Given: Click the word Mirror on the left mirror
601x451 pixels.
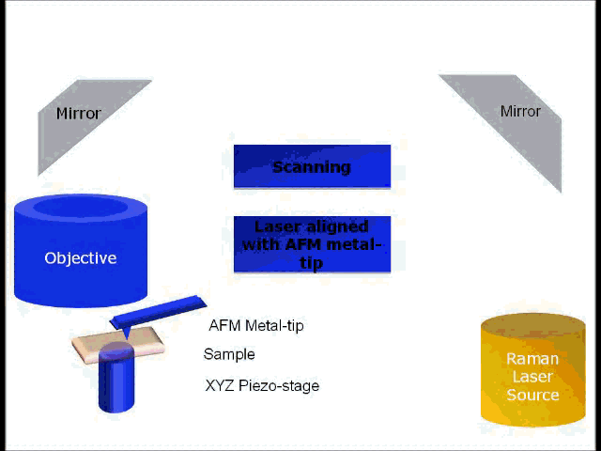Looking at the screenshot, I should point(78,114).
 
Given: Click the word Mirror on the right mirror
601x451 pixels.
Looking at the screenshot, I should point(520,111).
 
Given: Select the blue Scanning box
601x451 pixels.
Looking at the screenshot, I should point(312,167).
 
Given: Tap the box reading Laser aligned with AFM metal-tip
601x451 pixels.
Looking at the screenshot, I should point(312,244).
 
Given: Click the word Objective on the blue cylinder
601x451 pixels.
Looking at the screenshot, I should point(81,257).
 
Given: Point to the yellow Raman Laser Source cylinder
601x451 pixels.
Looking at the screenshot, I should point(532,376).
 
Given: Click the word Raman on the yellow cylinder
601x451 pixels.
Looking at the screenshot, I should point(532,359).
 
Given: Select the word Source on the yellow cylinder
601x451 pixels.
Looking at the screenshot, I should point(532,395).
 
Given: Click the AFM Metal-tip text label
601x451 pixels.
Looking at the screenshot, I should point(256,326).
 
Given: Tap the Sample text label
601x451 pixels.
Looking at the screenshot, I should point(229,354).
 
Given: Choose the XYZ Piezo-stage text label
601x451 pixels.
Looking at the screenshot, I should point(262,385).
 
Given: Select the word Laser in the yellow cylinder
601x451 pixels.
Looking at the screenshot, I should point(532,377).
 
